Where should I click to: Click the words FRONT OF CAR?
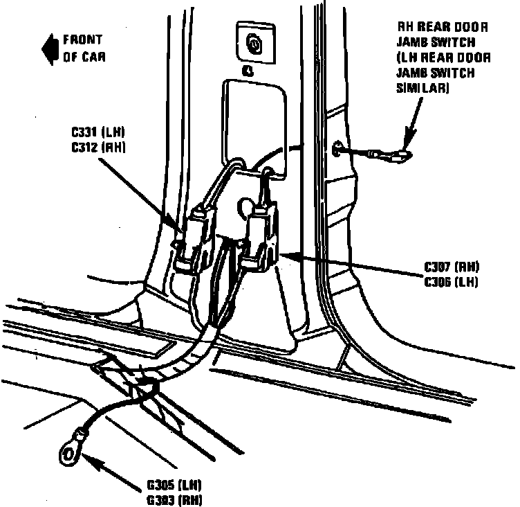[84, 48]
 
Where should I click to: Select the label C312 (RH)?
[98, 146]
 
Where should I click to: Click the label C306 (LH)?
[452, 281]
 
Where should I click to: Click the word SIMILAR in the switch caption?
[422, 89]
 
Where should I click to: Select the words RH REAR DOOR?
[443, 28]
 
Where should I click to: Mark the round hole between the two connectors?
[244, 206]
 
